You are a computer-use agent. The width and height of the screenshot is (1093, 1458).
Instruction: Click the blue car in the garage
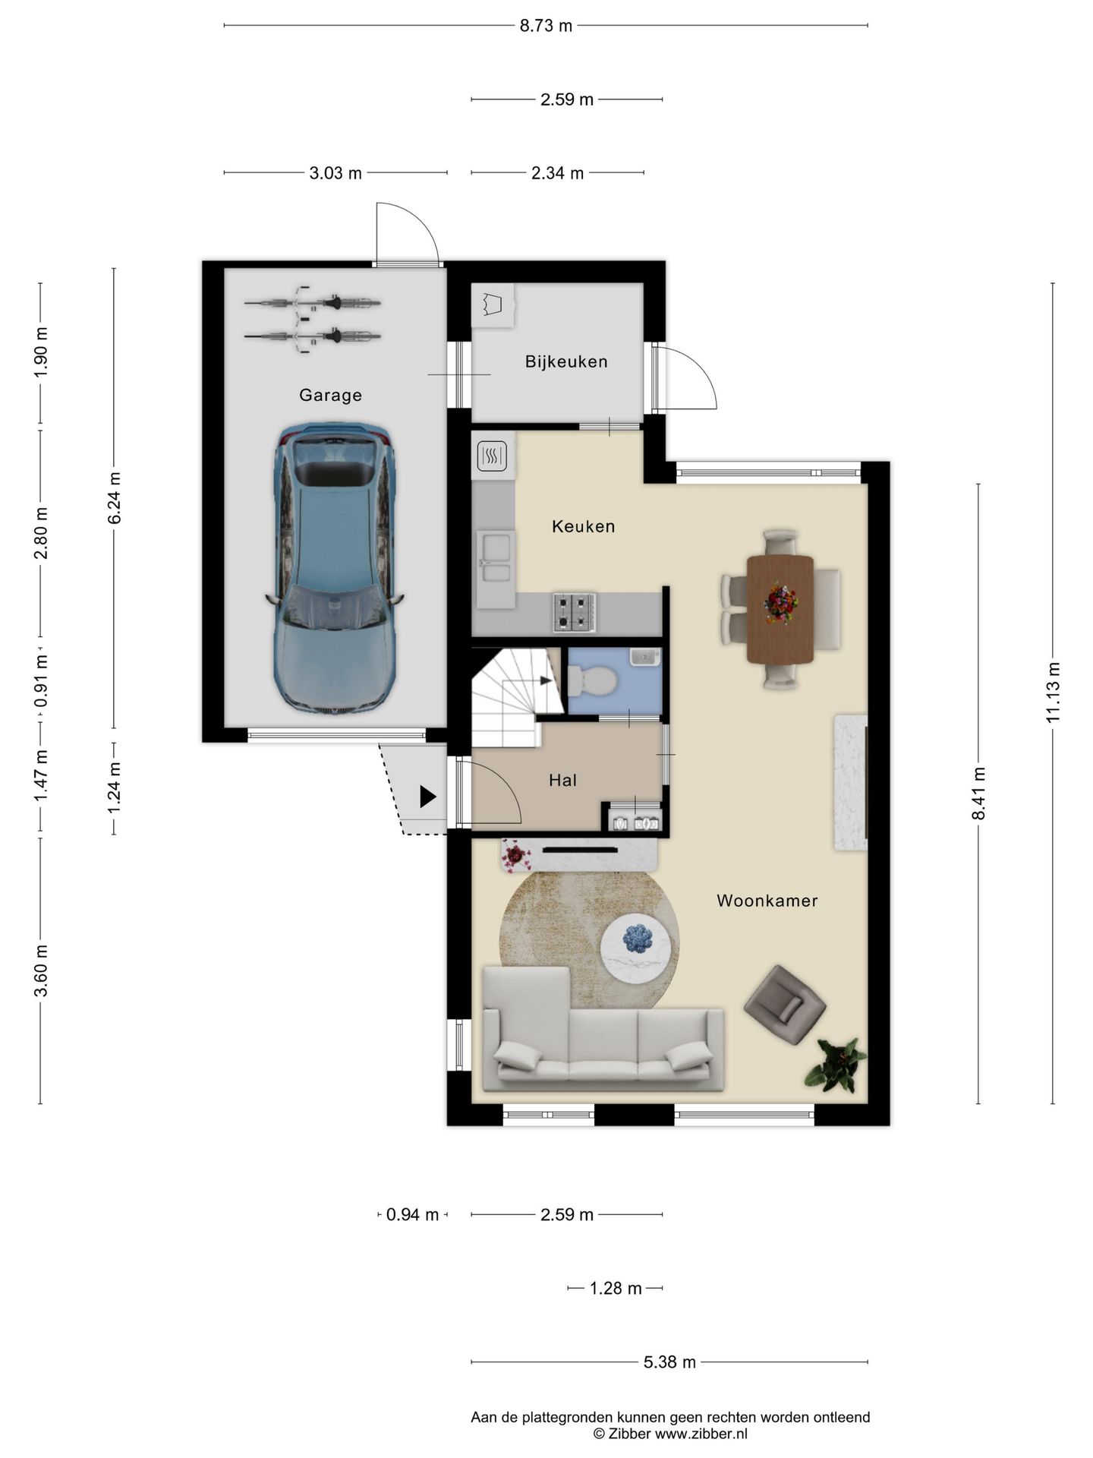click(334, 567)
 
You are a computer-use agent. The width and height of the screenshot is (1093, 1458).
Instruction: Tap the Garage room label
click(330, 395)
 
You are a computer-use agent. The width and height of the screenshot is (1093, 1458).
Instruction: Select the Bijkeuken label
click(566, 361)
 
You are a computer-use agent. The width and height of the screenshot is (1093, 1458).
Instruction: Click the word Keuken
click(583, 526)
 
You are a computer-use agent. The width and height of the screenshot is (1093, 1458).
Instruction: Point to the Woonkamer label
click(767, 901)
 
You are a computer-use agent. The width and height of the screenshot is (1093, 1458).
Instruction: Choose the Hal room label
click(562, 780)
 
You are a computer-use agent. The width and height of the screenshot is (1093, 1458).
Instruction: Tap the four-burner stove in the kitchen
click(574, 612)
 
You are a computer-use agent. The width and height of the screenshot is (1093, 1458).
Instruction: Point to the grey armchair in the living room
click(785, 1005)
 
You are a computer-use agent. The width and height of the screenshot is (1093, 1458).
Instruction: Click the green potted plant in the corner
click(835, 1063)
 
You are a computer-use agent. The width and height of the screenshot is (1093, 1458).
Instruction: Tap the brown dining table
click(780, 609)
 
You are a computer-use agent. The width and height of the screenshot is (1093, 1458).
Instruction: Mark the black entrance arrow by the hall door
click(428, 797)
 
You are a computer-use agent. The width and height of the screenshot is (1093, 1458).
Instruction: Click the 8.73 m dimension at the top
click(546, 26)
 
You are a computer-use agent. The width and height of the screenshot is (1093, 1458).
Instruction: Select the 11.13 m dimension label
click(1053, 693)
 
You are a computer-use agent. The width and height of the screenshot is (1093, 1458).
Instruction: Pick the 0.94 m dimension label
click(412, 1215)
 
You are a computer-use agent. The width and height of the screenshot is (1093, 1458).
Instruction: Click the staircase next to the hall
click(517, 696)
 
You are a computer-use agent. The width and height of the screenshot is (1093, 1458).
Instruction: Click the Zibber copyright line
click(670, 1434)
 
